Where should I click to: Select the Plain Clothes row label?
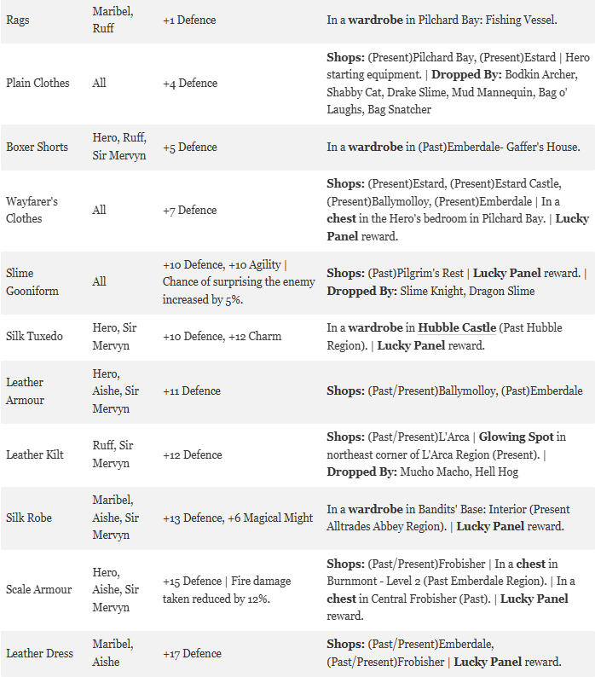(x=38, y=83)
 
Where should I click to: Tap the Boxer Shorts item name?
(x=37, y=147)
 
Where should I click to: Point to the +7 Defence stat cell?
(x=190, y=210)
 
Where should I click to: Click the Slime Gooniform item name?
(x=32, y=281)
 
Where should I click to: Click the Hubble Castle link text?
(x=457, y=328)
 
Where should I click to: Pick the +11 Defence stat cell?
(x=192, y=391)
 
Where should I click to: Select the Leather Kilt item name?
(x=35, y=454)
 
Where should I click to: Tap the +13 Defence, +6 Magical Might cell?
(x=238, y=518)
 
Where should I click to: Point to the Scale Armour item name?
(x=38, y=589)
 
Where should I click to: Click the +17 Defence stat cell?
(x=192, y=653)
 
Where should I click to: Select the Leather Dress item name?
(x=39, y=653)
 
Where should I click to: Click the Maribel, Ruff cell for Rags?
(x=112, y=20)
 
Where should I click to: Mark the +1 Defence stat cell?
(x=189, y=20)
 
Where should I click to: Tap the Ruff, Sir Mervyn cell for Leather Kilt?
(x=113, y=454)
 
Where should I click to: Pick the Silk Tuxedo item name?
(x=34, y=336)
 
